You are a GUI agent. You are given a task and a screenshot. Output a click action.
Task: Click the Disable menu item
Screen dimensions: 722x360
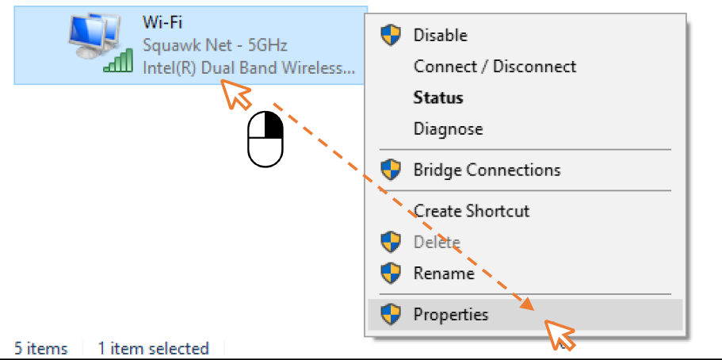tap(440, 36)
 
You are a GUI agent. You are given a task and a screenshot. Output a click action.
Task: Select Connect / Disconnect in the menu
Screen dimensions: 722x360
tap(495, 67)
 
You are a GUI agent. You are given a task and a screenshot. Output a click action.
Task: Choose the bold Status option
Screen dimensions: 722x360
tap(438, 98)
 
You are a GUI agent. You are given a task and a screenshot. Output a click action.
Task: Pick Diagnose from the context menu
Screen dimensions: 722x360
tap(448, 128)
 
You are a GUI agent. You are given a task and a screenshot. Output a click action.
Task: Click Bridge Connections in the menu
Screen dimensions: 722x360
tap(487, 170)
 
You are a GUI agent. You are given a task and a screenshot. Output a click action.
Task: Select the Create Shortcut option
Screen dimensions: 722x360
tap(472, 211)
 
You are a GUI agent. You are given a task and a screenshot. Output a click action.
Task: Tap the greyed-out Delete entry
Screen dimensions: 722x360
tap(437, 242)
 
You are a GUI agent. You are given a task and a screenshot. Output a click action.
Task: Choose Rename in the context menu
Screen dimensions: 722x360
tap(444, 274)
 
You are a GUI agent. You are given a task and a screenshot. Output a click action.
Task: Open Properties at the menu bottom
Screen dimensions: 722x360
tap(451, 315)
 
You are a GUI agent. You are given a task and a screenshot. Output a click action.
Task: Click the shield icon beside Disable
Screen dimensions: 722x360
tap(391, 36)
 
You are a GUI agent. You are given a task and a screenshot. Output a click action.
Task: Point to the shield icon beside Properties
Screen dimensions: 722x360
tap(391, 315)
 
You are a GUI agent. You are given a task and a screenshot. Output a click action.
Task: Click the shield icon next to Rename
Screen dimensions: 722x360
tap(391, 274)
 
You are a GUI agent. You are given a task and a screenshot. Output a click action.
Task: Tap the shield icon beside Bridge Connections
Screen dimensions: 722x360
tap(391, 170)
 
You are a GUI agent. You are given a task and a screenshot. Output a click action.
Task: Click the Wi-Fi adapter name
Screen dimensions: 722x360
tap(162, 22)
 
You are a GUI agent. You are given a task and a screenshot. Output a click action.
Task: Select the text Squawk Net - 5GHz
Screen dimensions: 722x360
tap(215, 46)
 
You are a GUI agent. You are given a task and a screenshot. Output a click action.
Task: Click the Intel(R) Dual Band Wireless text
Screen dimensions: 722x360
tap(249, 68)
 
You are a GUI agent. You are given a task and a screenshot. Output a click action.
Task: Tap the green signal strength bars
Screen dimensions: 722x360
tap(119, 62)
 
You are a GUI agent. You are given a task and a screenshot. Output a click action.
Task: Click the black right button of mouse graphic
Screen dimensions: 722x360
tap(273, 125)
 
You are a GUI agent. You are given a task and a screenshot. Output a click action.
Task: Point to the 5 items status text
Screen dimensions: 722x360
tap(41, 348)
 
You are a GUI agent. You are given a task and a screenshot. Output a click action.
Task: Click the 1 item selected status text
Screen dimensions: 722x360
tap(153, 348)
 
